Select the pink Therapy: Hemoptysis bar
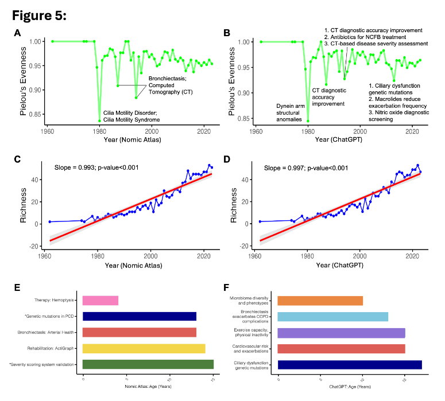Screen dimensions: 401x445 tap(100, 300)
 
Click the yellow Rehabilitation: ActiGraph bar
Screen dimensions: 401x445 tap(144, 348)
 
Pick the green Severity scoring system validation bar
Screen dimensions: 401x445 tap(148, 364)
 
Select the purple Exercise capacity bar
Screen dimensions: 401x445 tap(342, 333)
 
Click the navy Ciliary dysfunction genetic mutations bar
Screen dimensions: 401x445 tap(350, 364)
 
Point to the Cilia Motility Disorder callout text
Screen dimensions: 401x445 tap(131, 116)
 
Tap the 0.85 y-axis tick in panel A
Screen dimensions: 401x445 tap(35, 115)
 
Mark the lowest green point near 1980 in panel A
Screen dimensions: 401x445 tap(100, 121)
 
